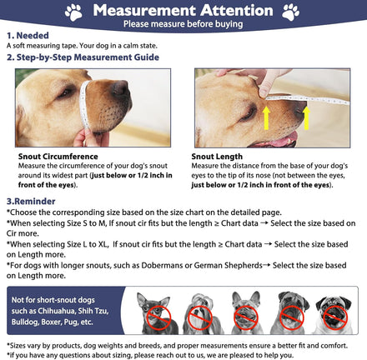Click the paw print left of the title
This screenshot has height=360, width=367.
[x=73, y=12]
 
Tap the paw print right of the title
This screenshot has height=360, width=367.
[x=290, y=12]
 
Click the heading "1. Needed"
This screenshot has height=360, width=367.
[x=28, y=36]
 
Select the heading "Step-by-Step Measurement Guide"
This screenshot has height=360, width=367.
[x=88, y=57]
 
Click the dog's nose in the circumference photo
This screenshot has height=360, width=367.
[x=121, y=88]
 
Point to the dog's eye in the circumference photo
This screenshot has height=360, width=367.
[x=65, y=93]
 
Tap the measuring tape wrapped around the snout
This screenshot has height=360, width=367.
[x=84, y=105]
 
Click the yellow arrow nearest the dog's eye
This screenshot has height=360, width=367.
[x=266, y=118]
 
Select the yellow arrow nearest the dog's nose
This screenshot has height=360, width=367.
[x=306, y=118]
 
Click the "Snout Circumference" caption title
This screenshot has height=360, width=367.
[x=58, y=157]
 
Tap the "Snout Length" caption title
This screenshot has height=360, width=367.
[x=217, y=157]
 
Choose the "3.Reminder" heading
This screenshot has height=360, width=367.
[x=31, y=202]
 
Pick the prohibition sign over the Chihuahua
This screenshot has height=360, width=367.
[x=158, y=317]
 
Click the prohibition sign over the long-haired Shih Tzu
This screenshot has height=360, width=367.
[x=200, y=317]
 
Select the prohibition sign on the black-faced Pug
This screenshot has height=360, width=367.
[x=335, y=317]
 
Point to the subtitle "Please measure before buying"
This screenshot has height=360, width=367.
[x=183, y=24]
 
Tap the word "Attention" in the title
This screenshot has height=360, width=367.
[x=237, y=11]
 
